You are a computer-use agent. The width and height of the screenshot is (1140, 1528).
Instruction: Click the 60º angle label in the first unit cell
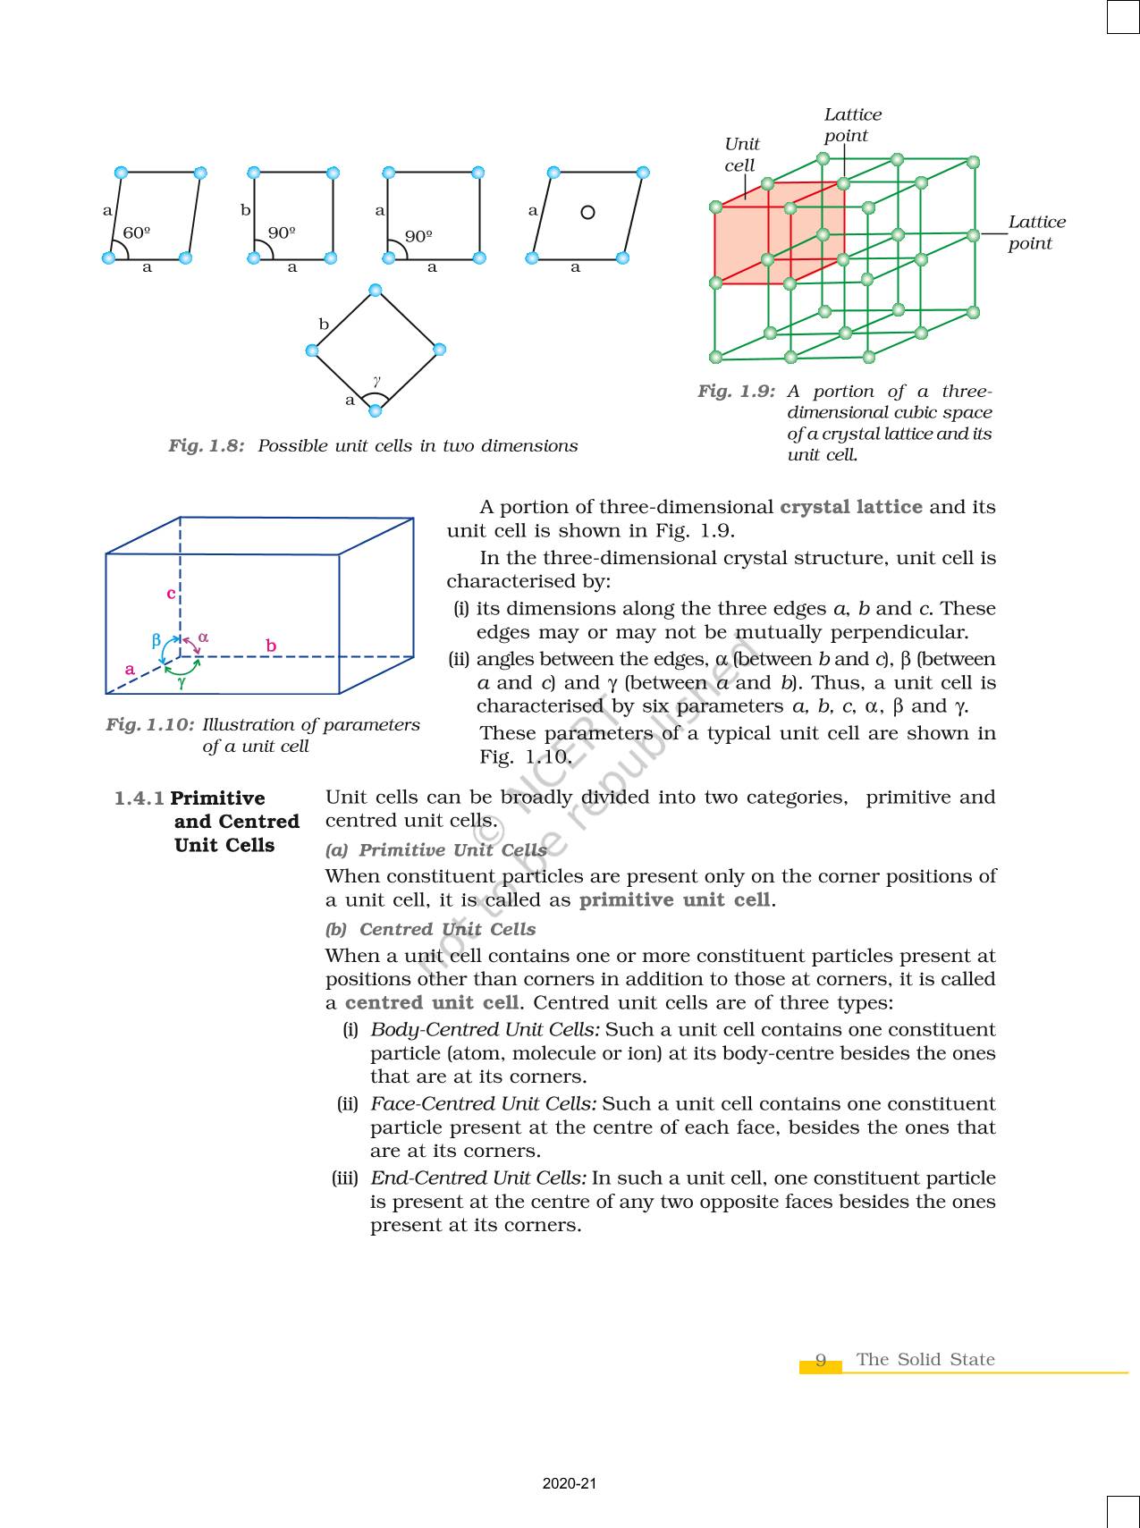pos(136,233)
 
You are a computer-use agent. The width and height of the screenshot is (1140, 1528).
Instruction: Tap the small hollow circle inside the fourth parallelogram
pos(587,212)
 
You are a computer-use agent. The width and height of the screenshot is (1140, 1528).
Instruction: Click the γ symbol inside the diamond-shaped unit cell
pos(377,381)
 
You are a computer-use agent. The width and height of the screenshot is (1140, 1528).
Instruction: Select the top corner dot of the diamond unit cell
pos(375,290)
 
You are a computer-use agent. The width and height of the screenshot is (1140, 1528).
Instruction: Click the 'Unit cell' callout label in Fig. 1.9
pos(740,155)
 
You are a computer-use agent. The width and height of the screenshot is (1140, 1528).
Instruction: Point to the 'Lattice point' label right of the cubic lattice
pos(1036,232)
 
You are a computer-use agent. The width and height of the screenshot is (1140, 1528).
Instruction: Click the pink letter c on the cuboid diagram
pos(171,593)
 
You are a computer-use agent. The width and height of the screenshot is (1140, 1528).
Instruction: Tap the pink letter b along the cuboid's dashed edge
pos(271,646)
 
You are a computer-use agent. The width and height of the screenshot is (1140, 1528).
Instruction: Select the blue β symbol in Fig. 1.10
pos(156,640)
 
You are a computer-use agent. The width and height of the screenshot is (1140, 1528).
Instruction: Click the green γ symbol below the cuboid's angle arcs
pos(182,682)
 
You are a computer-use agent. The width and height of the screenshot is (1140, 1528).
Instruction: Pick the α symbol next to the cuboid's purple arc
pos(204,637)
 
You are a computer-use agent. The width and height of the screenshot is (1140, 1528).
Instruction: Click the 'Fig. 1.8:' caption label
pos(207,445)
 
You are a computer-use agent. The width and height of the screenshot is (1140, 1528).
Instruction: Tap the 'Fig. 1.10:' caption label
pos(149,724)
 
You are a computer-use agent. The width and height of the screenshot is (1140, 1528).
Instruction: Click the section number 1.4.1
pos(139,798)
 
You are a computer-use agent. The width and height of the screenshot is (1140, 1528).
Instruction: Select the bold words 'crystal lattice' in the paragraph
pos(850,507)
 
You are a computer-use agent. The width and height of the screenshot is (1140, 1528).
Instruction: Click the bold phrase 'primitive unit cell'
pos(674,899)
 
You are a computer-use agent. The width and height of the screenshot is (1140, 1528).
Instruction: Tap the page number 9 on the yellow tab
pos(821,1361)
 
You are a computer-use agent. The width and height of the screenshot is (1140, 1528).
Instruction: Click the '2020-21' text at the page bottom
pos(569,1484)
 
